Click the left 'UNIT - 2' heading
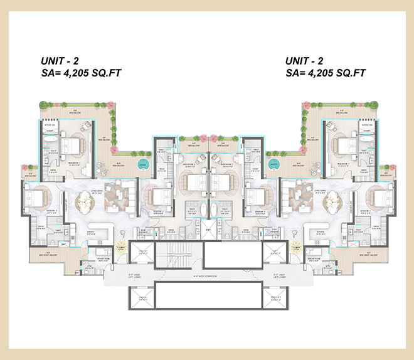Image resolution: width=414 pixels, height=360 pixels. (60, 61)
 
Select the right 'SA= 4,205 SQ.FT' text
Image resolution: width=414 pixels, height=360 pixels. (326, 73)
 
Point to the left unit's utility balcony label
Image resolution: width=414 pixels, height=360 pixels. (45, 253)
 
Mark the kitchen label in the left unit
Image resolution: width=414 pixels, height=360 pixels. (92, 231)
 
